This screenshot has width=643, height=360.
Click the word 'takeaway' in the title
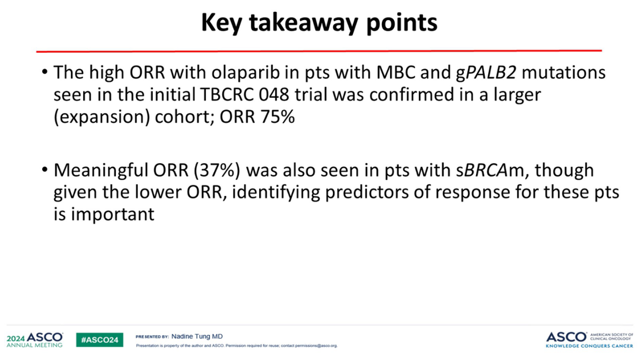pos(303,23)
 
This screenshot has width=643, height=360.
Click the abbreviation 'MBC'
pos(396,72)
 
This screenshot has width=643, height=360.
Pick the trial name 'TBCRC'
pos(227,94)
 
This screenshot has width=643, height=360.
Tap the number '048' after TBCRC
pos(274,94)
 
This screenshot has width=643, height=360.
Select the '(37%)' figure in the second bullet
pos(217,170)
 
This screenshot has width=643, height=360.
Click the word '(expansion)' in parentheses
pos(102,117)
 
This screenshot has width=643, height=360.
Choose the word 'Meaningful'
pos(101,170)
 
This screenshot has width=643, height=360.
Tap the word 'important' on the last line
pos(113,215)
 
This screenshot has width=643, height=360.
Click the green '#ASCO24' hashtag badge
pos(100,340)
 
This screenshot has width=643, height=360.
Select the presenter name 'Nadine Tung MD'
pos(197,336)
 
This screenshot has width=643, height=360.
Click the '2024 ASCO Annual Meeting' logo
pos(35,340)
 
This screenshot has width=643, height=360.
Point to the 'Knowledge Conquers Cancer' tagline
pos(589,346)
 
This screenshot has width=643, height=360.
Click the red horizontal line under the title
pos(319,51)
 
